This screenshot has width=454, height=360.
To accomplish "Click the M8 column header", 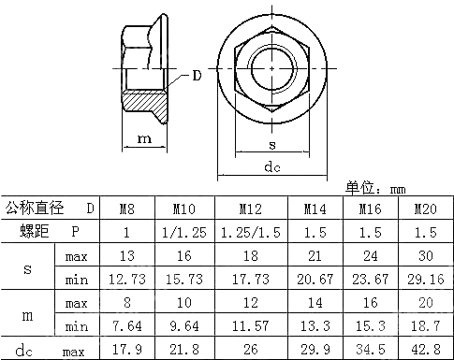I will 124,209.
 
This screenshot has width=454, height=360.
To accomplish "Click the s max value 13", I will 124,255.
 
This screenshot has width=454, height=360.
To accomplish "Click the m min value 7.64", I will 124,326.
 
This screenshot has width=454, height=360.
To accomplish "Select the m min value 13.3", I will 314,326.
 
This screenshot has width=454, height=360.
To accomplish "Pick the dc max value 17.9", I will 124,350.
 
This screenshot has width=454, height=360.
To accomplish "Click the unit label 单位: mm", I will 376,187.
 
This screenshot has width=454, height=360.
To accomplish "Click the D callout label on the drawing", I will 197,76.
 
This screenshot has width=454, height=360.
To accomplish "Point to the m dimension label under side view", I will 144,138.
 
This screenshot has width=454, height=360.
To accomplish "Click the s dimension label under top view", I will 271,146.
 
